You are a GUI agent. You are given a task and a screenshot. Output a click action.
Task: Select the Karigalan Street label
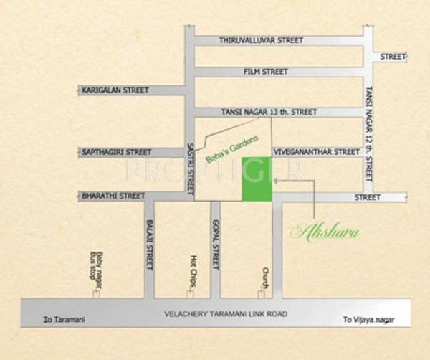point(115,90)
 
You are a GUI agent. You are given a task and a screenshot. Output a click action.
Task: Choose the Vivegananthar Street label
point(316,152)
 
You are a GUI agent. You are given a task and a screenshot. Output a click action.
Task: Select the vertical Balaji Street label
point(149,244)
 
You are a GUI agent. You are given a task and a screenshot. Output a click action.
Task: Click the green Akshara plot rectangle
point(257,179)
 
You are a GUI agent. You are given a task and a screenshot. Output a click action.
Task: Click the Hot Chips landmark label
point(193,271)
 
